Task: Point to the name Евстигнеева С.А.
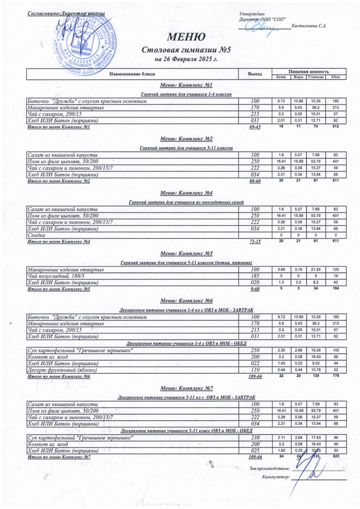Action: (309, 27)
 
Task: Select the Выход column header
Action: (255, 74)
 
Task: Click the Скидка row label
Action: (36, 235)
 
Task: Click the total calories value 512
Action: (335, 126)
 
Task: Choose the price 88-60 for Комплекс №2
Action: (255, 181)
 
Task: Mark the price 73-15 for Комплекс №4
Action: (255, 241)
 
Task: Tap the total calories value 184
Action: (335, 289)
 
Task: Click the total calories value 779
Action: (335, 376)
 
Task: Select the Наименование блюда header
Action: (132, 74)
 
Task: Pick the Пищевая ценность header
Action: (309, 71)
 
